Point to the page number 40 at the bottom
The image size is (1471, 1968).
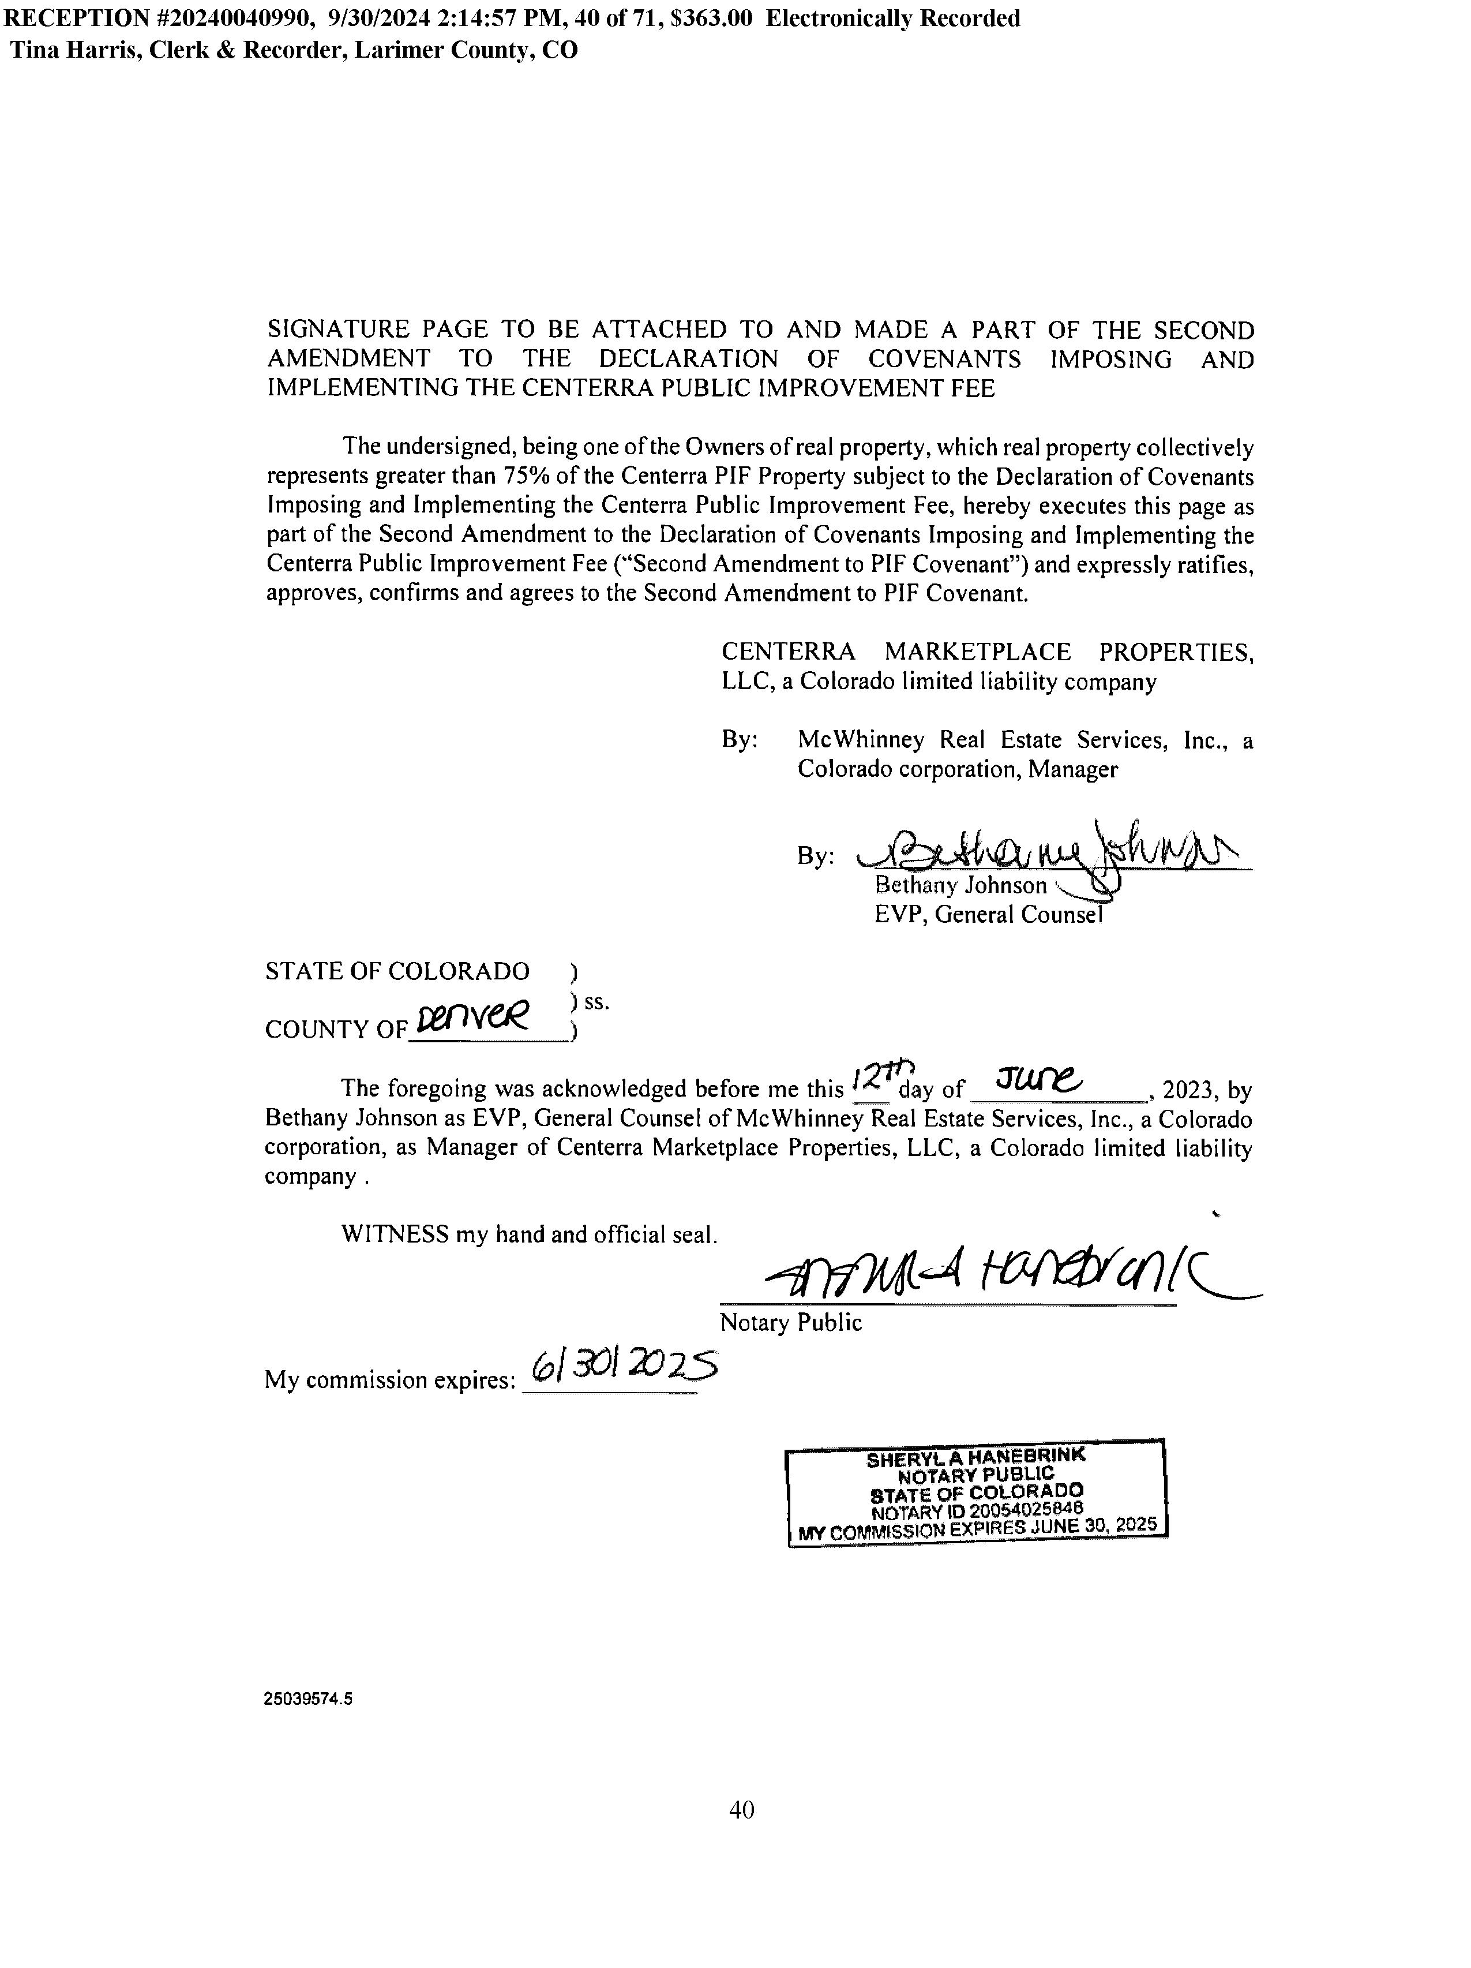tap(741, 1810)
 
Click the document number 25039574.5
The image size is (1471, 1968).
tap(307, 1697)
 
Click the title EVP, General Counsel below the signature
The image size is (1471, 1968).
tap(987, 915)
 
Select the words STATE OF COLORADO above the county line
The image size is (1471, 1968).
tap(397, 971)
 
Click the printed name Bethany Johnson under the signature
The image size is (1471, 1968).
tap(960, 885)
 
